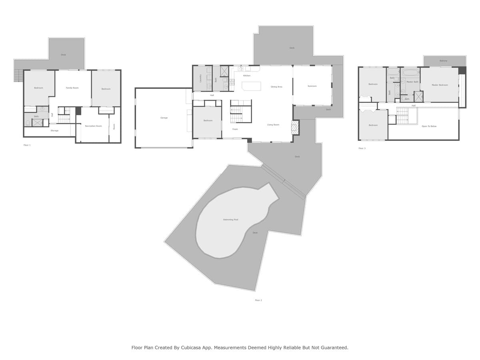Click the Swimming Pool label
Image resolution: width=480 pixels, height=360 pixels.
pyautogui.click(x=230, y=220)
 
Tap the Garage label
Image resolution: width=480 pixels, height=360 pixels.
pyautogui.click(x=164, y=118)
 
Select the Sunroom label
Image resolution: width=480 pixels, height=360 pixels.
pyautogui.click(x=312, y=86)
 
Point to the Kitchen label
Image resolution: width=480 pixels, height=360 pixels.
pyautogui.click(x=247, y=76)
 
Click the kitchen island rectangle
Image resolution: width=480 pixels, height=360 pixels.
pyautogui.click(x=251, y=86)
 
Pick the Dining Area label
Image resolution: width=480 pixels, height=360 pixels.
pyautogui.click(x=276, y=87)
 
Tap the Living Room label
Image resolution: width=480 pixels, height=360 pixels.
pyautogui.click(x=273, y=125)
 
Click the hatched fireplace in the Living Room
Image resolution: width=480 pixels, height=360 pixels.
pyautogui.click(x=295, y=128)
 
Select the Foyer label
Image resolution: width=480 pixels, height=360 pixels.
pyautogui.click(x=235, y=129)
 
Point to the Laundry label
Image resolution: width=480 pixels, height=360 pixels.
pyautogui.click(x=200, y=78)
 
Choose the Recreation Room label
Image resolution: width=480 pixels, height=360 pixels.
pyautogui.click(x=93, y=126)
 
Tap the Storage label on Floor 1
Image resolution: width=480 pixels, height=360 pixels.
pyautogui.click(x=54, y=131)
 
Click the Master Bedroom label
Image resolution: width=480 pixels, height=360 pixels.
pyautogui.click(x=440, y=85)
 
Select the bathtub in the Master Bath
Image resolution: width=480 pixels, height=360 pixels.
pyautogui.click(x=410, y=73)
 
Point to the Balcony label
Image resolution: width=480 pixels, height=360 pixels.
pyautogui.click(x=443, y=61)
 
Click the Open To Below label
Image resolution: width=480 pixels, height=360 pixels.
pyautogui.click(x=429, y=126)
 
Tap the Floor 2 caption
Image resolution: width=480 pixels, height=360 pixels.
pyautogui.click(x=258, y=300)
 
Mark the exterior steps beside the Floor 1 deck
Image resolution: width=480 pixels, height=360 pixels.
pyautogui.click(x=18, y=75)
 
